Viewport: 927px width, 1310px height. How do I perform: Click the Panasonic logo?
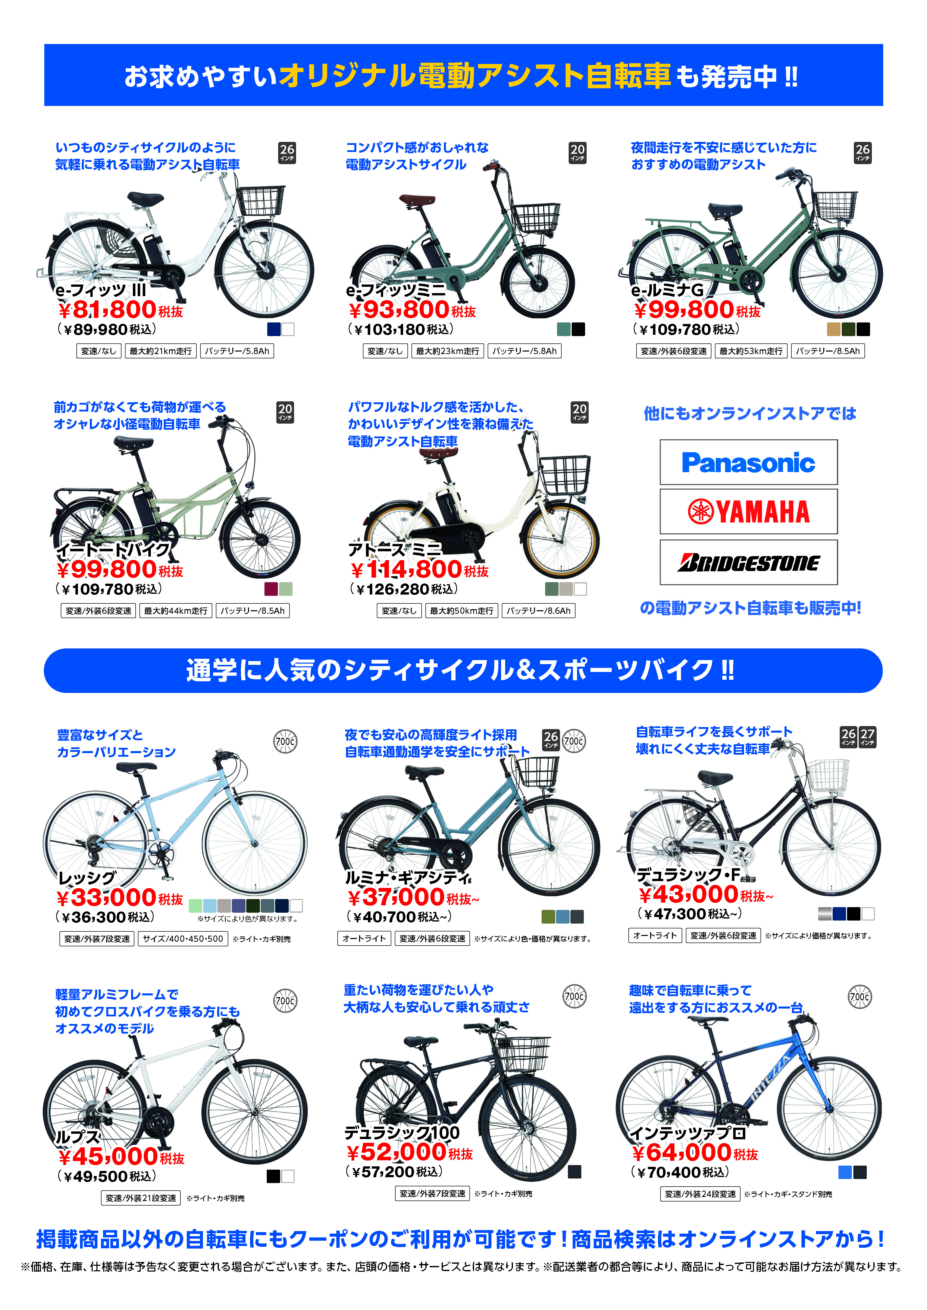[x=748, y=462]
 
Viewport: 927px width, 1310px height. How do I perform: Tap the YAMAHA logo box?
[x=748, y=511]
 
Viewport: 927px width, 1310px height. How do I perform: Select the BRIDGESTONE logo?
[x=748, y=563]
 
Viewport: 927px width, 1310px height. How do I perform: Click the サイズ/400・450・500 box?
[x=183, y=938]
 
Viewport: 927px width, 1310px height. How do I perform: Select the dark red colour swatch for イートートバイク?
[x=271, y=589]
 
